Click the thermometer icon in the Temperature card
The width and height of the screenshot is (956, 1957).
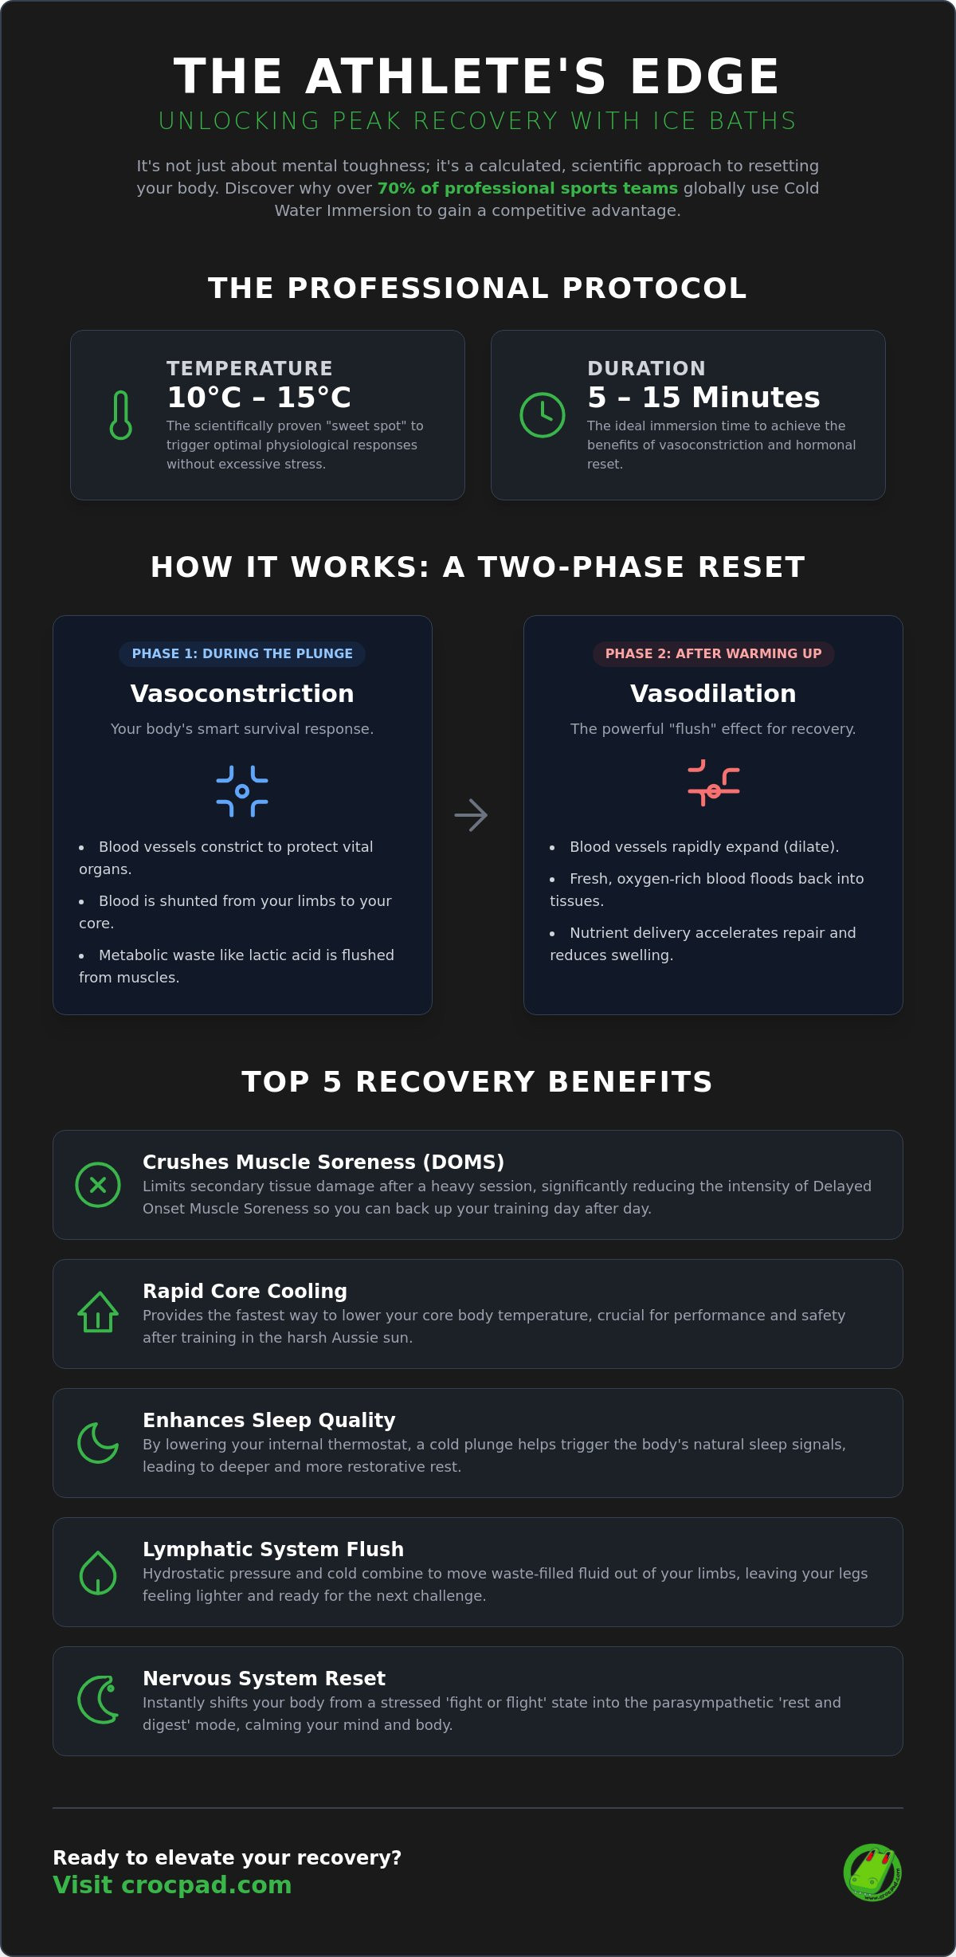(121, 415)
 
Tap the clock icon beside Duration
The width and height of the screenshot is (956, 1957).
(543, 414)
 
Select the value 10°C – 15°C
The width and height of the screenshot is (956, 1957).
(259, 397)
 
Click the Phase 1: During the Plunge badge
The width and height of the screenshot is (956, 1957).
(242, 653)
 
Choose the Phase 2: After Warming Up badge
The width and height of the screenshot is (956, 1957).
(713, 653)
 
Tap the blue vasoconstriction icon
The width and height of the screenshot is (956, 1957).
(242, 791)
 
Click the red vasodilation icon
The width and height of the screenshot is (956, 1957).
(713, 783)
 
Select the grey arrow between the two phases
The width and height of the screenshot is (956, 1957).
(471, 815)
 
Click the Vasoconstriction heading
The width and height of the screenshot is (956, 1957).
(242, 693)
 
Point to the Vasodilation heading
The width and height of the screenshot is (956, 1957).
(713, 693)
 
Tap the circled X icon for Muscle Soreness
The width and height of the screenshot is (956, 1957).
(98, 1185)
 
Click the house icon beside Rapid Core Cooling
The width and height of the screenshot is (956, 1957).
(98, 1312)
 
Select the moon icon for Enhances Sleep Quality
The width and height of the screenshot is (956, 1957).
(97, 1443)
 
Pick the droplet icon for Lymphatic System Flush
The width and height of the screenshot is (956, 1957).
(98, 1572)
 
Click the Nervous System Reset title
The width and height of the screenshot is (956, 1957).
(264, 1678)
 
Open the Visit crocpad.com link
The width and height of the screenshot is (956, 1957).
(172, 1884)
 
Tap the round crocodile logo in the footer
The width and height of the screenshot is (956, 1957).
(873, 1873)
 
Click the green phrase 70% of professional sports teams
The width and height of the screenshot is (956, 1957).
(527, 188)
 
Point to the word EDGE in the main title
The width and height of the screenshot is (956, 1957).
(705, 76)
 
